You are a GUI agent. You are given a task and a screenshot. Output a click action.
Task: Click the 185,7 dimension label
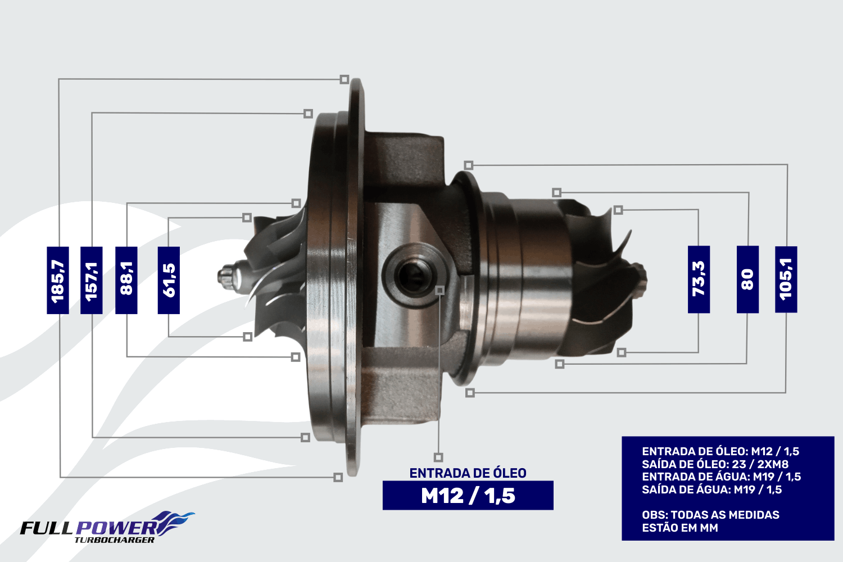tap(57, 280)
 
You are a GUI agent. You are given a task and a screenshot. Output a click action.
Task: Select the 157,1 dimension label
tap(92, 280)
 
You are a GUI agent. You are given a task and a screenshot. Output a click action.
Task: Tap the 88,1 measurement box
tap(126, 280)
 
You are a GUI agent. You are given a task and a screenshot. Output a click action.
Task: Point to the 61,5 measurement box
tap(169, 280)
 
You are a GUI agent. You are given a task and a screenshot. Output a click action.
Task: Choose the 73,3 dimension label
tap(699, 279)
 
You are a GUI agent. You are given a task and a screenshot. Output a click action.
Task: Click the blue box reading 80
tap(748, 279)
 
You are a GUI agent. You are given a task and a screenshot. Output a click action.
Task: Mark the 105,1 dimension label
tap(786, 279)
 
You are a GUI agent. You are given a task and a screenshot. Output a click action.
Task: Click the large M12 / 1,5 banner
tap(468, 495)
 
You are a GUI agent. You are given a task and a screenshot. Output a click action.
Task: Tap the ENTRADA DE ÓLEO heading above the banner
tap(468, 473)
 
